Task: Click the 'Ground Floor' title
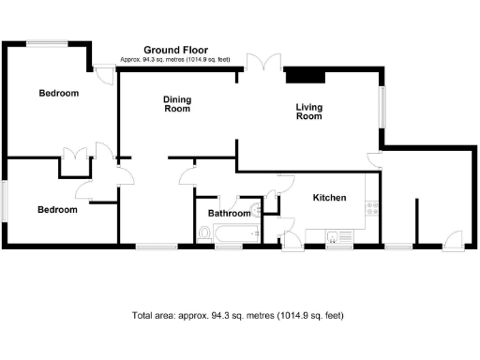(x=175, y=50)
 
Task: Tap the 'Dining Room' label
(x=177, y=104)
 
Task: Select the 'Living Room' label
(x=308, y=112)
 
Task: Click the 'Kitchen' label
(x=329, y=198)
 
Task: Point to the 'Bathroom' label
(x=230, y=214)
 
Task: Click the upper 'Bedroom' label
(x=58, y=94)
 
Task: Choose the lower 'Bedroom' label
(x=57, y=210)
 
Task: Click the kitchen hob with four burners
(x=372, y=209)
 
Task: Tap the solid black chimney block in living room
(x=305, y=75)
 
